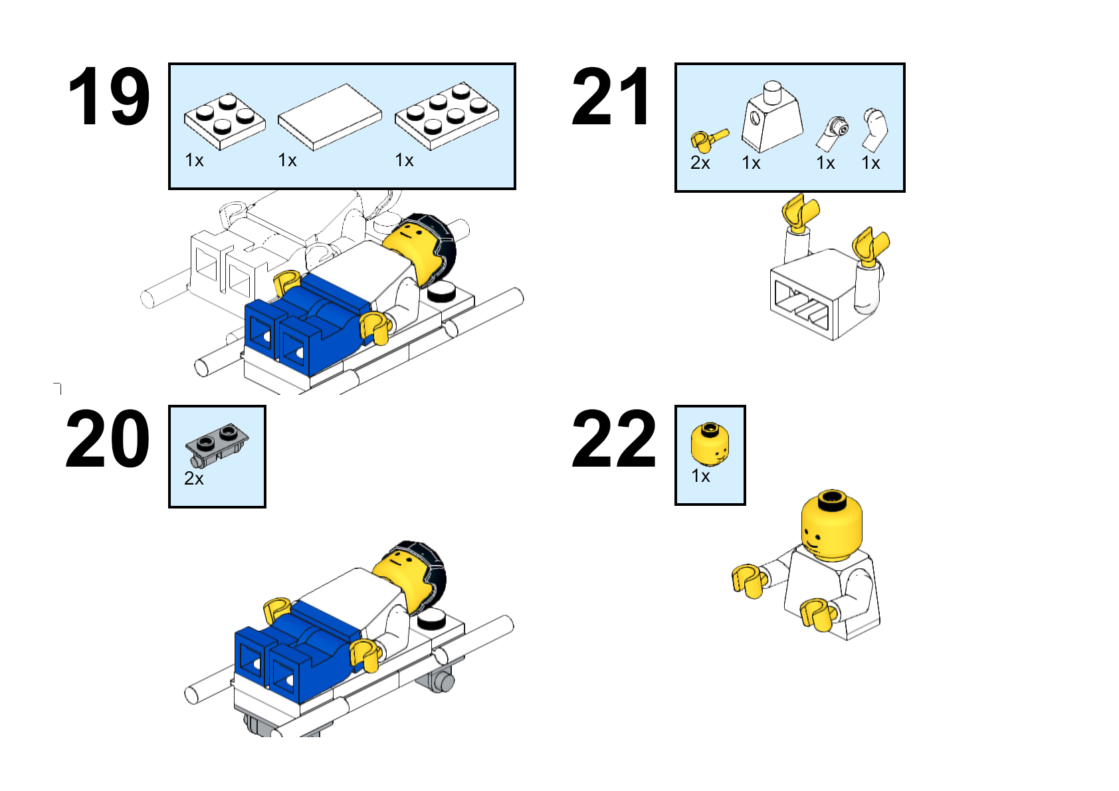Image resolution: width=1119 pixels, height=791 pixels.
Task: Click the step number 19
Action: pyautogui.click(x=109, y=96)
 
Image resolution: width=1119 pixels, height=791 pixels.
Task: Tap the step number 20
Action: pyautogui.click(x=108, y=439)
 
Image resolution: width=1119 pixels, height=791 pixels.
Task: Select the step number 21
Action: pyautogui.click(x=611, y=96)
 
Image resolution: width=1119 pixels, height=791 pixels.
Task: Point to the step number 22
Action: pyautogui.click(x=613, y=439)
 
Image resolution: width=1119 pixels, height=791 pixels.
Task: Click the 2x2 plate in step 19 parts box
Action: pyautogui.click(x=225, y=121)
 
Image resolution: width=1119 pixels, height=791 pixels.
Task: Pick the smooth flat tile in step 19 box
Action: pyautogui.click(x=330, y=117)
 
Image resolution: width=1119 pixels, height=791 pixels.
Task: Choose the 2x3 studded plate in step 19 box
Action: pyautogui.click(x=447, y=116)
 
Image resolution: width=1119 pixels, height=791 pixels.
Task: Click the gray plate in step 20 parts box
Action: pyautogui.click(x=217, y=445)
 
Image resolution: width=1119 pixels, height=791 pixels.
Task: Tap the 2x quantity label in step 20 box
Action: pyautogui.click(x=194, y=479)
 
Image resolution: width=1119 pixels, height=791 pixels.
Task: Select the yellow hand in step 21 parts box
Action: pyautogui.click(x=708, y=140)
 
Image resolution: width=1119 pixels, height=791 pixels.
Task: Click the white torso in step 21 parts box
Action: pyautogui.click(x=772, y=117)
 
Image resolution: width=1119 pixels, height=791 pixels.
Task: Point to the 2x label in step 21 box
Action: pyautogui.click(x=700, y=163)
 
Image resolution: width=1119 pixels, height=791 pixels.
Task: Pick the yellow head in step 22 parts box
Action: pyautogui.click(x=710, y=444)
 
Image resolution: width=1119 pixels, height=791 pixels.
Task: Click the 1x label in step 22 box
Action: pyautogui.click(x=700, y=476)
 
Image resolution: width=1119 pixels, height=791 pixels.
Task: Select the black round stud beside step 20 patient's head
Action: pyautogui.click(x=432, y=621)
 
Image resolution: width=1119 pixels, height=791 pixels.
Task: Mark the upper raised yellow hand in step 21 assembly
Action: pyautogui.click(x=800, y=212)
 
